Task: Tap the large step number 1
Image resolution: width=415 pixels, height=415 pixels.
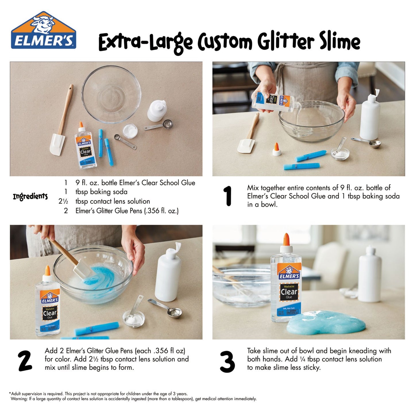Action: [228, 196]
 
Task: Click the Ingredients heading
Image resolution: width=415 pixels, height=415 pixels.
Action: [30, 197]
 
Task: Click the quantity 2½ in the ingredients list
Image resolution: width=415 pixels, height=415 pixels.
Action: [63, 201]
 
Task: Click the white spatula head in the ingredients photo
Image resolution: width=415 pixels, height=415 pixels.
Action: [57, 144]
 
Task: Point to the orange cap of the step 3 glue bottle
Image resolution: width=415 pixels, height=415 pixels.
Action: [286, 240]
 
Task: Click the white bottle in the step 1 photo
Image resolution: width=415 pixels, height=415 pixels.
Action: [370, 116]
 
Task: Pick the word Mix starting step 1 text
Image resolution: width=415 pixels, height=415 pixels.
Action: [253, 188]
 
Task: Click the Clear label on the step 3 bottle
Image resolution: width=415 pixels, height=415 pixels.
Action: [289, 292]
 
